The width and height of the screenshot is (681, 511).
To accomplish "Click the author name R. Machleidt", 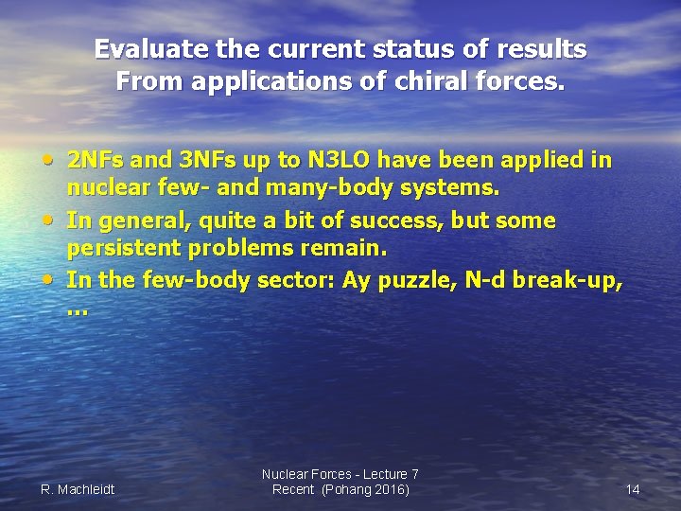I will [x=78, y=489].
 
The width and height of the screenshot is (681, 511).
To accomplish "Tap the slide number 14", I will [x=633, y=489].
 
